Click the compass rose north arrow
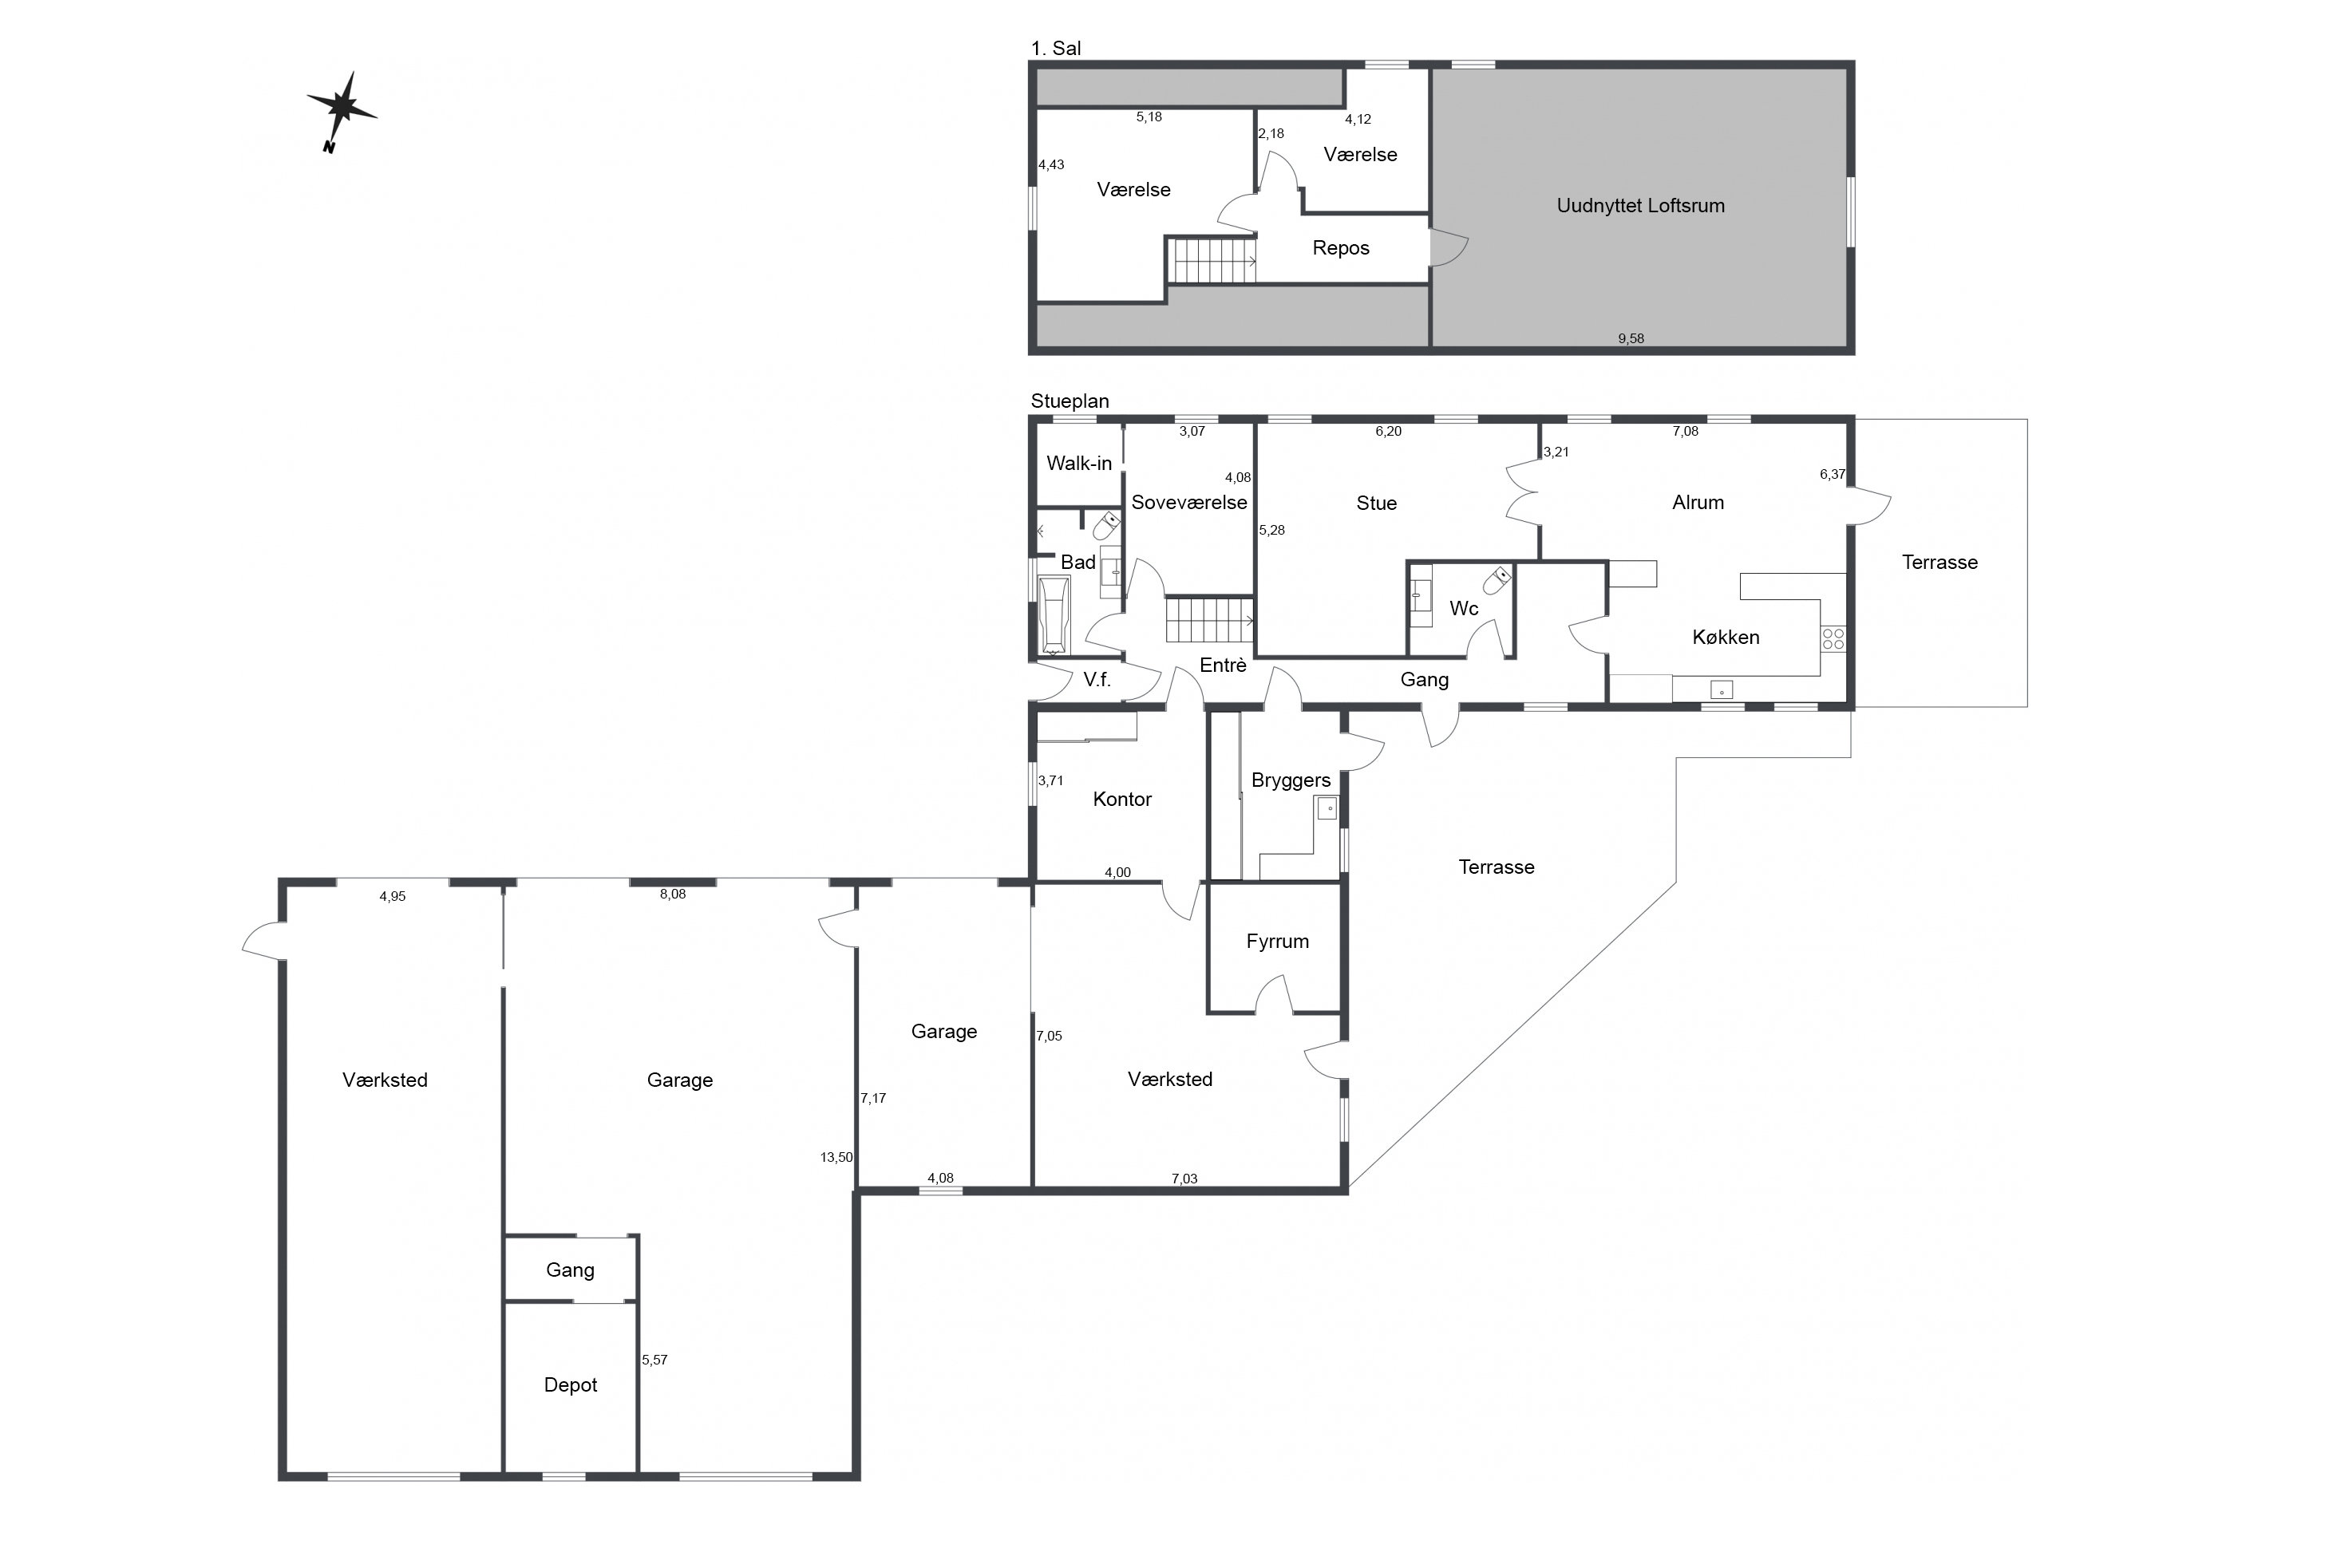(342, 111)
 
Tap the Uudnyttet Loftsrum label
(1640, 206)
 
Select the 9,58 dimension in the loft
(1630, 338)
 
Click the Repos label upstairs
(1340, 248)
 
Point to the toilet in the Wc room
(1497, 580)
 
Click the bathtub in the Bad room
(1052, 614)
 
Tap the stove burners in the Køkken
(1832, 638)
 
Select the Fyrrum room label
(1277, 942)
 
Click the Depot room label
(570, 1384)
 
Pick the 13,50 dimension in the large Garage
(836, 1157)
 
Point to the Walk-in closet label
(1079, 464)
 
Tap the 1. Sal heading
(1055, 48)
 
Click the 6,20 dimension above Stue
(1388, 432)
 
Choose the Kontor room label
(1121, 799)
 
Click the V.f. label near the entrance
(1097, 679)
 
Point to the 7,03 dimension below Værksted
(1184, 1179)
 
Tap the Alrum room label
(1698, 503)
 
